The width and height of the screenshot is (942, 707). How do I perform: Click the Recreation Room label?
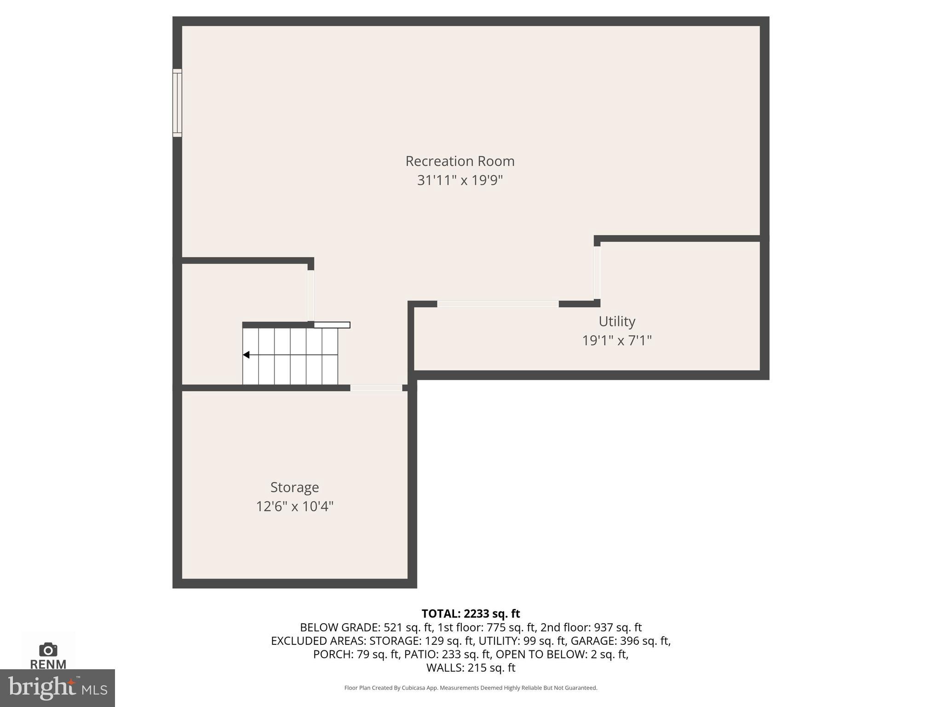tap(460, 161)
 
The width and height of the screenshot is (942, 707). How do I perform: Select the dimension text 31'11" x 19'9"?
tap(460, 180)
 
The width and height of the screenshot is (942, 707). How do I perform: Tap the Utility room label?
tap(617, 321)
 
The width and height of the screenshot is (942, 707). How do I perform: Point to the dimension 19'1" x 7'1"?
tap(617, 341)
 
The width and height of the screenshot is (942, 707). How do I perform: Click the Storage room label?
tap(294, 487)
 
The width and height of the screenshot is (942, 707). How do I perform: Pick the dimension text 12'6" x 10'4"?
tap(294, 506)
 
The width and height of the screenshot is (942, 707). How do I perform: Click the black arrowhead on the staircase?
tap(246, 355)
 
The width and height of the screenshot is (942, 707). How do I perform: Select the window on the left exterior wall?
tap(177, 103)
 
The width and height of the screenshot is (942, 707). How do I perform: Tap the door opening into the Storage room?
tap(376, 388)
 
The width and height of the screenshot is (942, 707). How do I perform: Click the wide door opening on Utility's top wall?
tap(498, 304)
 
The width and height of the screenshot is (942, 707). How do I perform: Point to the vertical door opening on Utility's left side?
tap(597, 273)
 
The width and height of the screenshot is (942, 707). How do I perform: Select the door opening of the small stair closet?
tap(311, 295)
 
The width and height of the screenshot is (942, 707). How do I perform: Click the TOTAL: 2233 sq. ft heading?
tap(471, 614)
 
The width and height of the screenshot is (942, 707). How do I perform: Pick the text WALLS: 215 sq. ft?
tap(471, 667)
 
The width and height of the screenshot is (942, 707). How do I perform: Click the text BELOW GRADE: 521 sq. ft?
tap(366, 627)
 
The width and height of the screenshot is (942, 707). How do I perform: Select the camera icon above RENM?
tap(48, 650)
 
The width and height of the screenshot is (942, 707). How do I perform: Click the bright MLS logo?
tap(57, 688)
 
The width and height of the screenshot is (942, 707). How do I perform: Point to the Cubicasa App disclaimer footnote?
tap(471, 688)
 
